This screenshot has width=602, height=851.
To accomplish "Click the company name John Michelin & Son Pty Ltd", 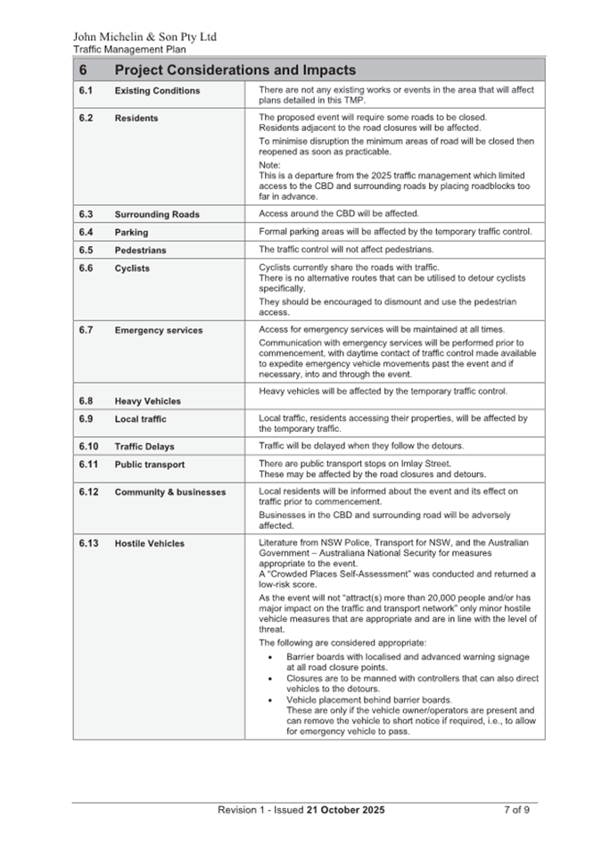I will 144,37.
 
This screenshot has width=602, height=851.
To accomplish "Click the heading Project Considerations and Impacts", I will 235,70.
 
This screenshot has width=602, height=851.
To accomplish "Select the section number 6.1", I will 86,91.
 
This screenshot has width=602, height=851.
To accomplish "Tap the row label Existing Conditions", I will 157,91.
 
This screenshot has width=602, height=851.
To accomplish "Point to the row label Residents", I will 136,118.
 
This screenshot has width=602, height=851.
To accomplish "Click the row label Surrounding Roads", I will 157,214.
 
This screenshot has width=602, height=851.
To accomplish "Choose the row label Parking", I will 132,233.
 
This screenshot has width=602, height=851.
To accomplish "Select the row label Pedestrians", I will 140,251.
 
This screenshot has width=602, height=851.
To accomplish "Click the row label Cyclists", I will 132,269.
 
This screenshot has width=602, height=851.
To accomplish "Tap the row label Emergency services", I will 159,330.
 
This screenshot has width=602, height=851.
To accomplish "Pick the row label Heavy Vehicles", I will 147,401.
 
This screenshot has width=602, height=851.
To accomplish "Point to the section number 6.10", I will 88,446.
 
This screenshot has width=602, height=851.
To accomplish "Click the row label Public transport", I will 150,465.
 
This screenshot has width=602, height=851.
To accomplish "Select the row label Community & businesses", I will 170,492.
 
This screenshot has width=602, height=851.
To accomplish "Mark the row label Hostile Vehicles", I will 150,543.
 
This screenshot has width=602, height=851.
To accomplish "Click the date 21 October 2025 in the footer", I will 346,810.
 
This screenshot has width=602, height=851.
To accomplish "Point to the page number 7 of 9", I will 517,810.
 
